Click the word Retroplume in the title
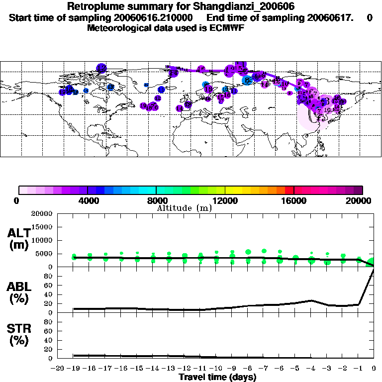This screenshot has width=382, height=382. click(x=94, y=6)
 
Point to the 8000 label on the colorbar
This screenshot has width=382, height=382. click(x=156, y=200)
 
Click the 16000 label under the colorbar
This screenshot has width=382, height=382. click(x=293, y=200)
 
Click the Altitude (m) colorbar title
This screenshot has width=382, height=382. click(x=184, y=208)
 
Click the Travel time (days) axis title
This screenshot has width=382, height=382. click(x=217, y=377)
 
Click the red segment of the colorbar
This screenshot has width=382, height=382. click(x=289, y=190)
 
